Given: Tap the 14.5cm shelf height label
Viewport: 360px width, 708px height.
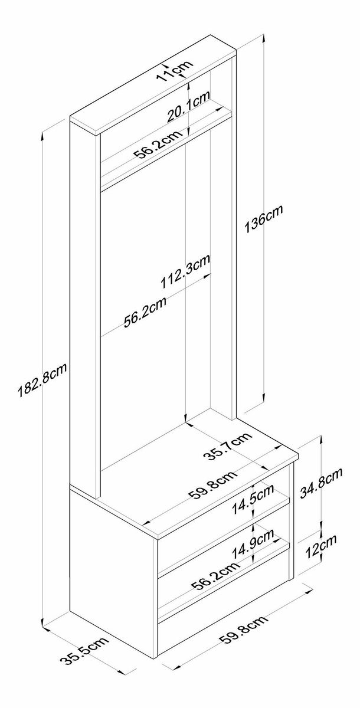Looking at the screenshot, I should pyautogui.click(x=253, y=499).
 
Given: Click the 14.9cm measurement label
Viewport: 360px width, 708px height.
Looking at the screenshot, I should pyautogui.click(x=254, y=545).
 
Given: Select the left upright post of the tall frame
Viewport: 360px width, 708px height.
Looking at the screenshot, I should pyautogui.click(x=84, y=307).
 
